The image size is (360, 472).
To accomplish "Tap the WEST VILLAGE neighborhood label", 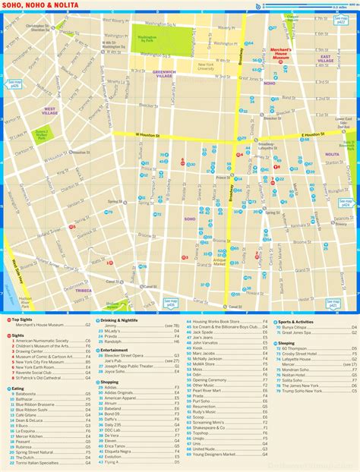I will [x=50, y=111].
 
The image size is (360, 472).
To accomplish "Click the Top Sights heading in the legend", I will [x=24, y=319].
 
